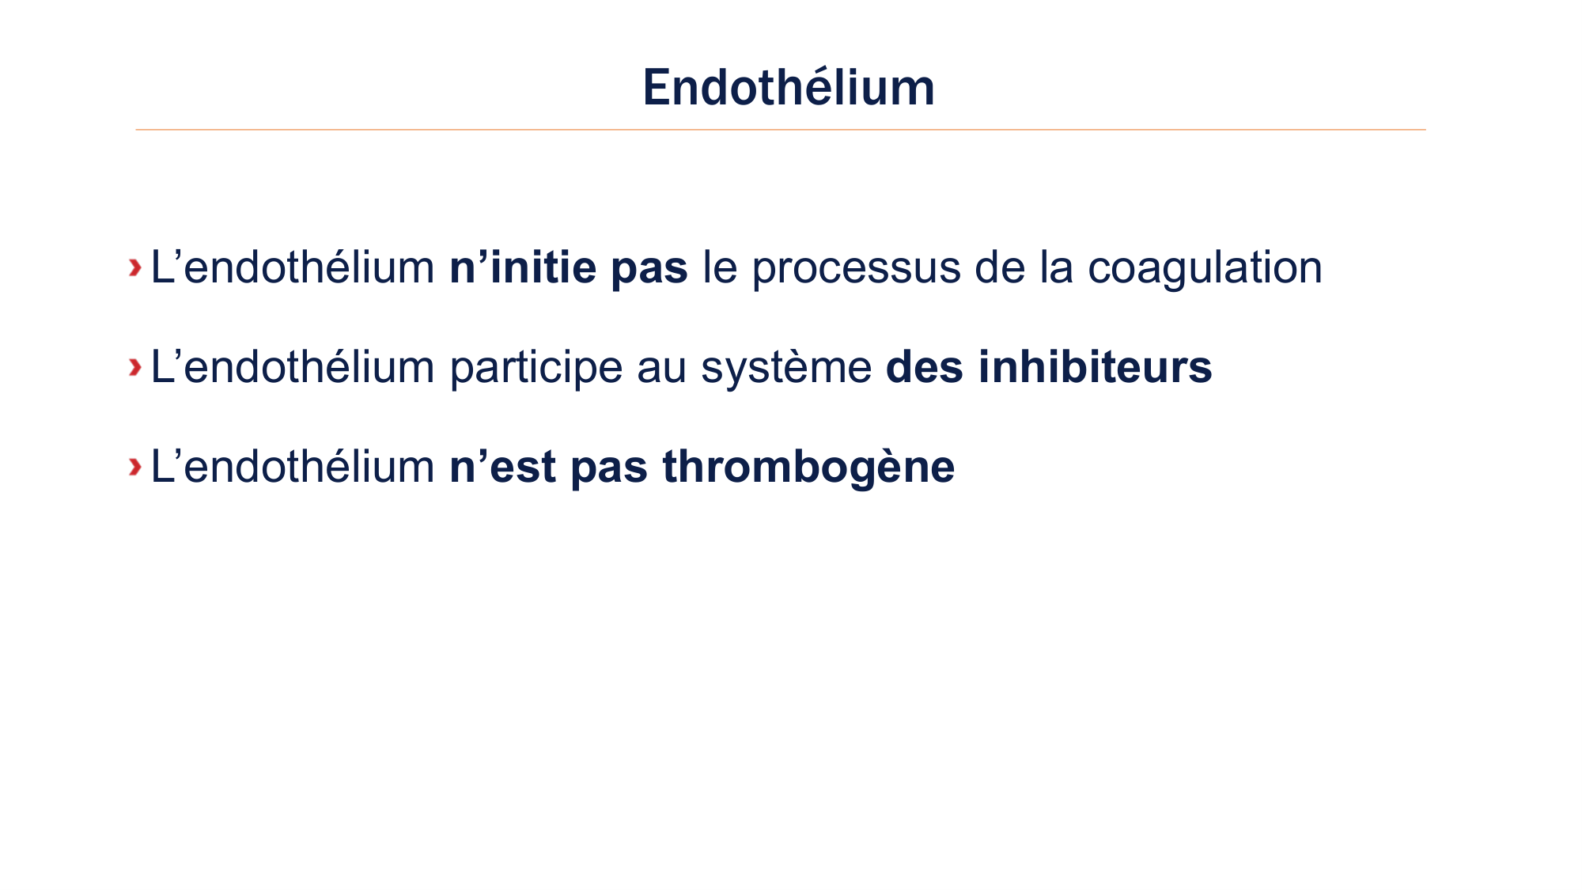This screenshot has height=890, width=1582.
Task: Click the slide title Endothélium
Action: click(x=789, y=87)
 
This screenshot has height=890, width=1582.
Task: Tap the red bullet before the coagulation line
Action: click(x=135, y=267)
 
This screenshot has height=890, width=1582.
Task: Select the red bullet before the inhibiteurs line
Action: click(x=135, y=367)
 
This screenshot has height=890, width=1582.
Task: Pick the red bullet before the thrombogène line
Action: click(x=135, y=467)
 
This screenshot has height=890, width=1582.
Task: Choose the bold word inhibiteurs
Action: click(x=1095, y=367)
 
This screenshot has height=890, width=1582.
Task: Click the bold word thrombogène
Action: click(x=808, y=468)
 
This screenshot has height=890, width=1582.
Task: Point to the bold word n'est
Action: click(x=502, y=467)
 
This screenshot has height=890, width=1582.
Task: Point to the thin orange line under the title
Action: click(x=780, y=130)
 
